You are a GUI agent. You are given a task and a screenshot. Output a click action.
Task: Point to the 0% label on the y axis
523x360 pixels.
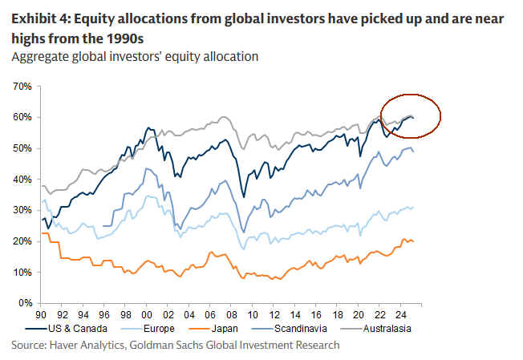22,304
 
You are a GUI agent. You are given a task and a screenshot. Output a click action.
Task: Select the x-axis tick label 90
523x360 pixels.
40,317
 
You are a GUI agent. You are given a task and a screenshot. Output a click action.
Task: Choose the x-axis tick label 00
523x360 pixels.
145,317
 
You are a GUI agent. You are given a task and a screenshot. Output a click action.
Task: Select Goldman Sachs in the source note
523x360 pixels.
174,345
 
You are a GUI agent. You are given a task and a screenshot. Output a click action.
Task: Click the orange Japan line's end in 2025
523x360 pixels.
413,241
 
